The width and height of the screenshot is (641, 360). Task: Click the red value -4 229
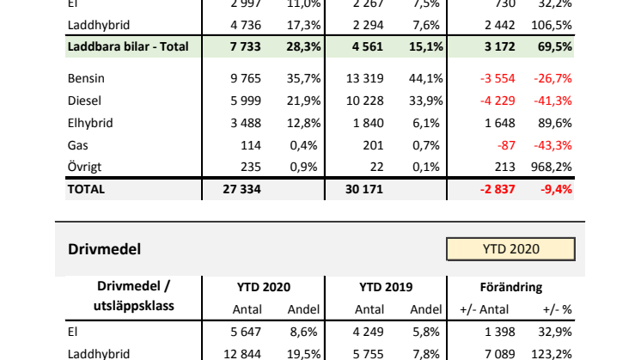[495, 101]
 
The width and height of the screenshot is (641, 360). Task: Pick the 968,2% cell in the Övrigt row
[554, 168]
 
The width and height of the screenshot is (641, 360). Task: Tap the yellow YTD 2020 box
[510, 249]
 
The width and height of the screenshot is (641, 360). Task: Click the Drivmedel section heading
[103, 249]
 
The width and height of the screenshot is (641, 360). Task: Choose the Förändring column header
[511, 288]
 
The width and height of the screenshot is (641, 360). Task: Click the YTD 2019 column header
[387, 288]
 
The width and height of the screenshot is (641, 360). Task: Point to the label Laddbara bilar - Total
[127, 46]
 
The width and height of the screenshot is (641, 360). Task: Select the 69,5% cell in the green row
[558, 46]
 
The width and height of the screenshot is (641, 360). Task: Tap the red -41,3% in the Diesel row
[555, 101]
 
